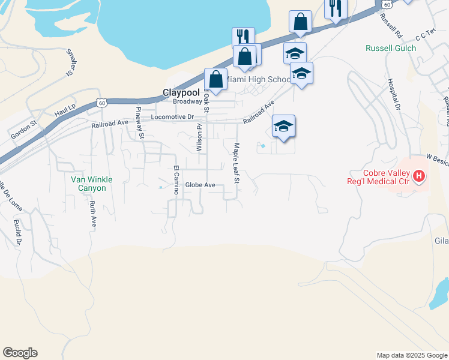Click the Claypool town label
click(x=181, y=93)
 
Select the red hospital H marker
click(x=420, y=176)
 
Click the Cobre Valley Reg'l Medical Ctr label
click(x=381, y=176)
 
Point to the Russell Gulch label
click(x=391, y=48)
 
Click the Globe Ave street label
click(x=200, y=185)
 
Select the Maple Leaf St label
click(x=237, y=163)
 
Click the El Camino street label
click(x=176, y=179)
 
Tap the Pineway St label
click(x=139, y=122)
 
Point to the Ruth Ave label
click(x=93, y=213)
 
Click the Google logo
click(x=20, y=353)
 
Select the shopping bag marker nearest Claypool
click(x=215, y=79)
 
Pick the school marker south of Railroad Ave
click(x=283, y=127)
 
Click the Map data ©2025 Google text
click(x=411, y=355)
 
